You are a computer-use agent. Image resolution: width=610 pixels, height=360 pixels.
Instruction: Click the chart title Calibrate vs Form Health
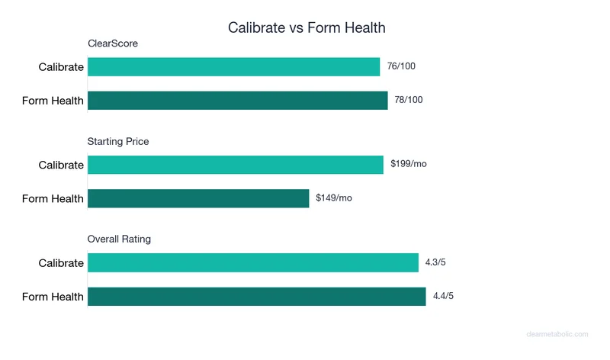pos(307,27)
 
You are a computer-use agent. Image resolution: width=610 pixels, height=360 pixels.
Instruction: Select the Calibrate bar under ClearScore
pos(233,67)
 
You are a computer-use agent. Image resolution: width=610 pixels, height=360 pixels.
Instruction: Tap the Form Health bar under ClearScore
pos(237,101)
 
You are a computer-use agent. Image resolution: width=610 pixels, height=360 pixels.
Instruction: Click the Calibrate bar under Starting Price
pos(235,165)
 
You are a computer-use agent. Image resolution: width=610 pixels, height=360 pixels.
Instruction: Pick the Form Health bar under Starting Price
pos(198,198)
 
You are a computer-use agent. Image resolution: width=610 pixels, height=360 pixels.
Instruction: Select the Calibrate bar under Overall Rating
pos(253,262)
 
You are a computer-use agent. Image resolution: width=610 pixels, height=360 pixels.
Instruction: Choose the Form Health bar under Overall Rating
pos(256,297)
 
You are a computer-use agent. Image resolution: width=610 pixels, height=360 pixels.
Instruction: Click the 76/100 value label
pos(401,66)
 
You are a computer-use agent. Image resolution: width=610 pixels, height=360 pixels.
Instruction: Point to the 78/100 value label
pos(409,101)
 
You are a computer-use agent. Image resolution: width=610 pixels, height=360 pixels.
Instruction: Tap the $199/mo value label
pos(409,164)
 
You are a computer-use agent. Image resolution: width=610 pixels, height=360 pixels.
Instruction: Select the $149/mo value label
pos(334,198)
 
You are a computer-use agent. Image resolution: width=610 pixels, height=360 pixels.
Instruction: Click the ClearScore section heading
pos(112,44)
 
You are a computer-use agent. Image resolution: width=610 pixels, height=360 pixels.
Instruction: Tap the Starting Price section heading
pos(118,142)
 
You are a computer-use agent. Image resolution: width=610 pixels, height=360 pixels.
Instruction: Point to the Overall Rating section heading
pos(119,239)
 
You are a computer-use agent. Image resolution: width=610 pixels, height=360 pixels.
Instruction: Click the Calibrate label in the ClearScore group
pos(61,67)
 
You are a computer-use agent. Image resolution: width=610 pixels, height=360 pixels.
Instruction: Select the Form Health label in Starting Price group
pos(53,199)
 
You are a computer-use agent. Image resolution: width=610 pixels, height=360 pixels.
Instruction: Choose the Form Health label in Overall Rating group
pos(53,297)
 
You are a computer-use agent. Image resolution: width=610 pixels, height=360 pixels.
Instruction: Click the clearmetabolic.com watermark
pos(558,334)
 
